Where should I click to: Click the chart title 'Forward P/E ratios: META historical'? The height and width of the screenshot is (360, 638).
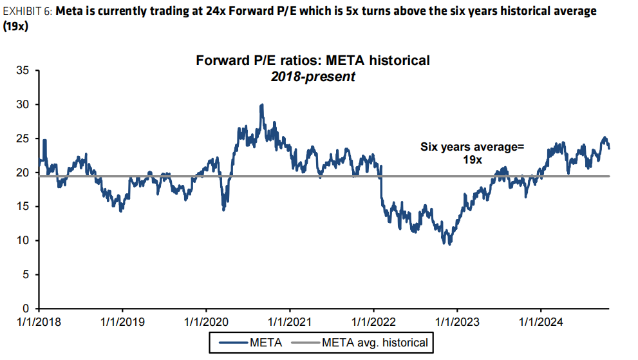(x=313, y=61)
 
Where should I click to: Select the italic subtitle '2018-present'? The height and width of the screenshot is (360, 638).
(x=313, y=76)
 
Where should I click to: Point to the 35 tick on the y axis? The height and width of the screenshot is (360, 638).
(x=23, y=71)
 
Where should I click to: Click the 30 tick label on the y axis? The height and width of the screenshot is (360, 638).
(x=23, y=104)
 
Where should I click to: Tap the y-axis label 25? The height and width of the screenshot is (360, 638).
(x=23, y=138)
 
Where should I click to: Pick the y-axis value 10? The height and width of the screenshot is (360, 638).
(x=23, y=240)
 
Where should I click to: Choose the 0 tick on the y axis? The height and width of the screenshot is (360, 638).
(x=26, y=308)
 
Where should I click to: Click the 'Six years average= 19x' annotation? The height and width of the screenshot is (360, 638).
(x=472, y=153)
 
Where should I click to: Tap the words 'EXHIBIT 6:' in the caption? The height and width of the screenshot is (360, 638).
(x=28, y=11)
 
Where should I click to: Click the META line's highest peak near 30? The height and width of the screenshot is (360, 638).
(x=261, y=104)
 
